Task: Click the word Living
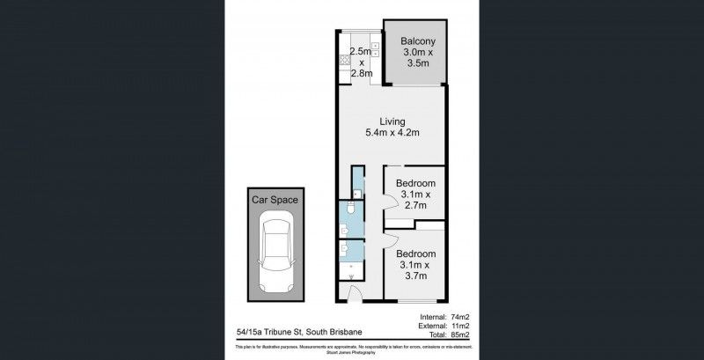tap(392, 121)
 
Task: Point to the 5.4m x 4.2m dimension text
tap(392, 133)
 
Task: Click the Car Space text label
tap(275, 200)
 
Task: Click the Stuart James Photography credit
tap(351, 354)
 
